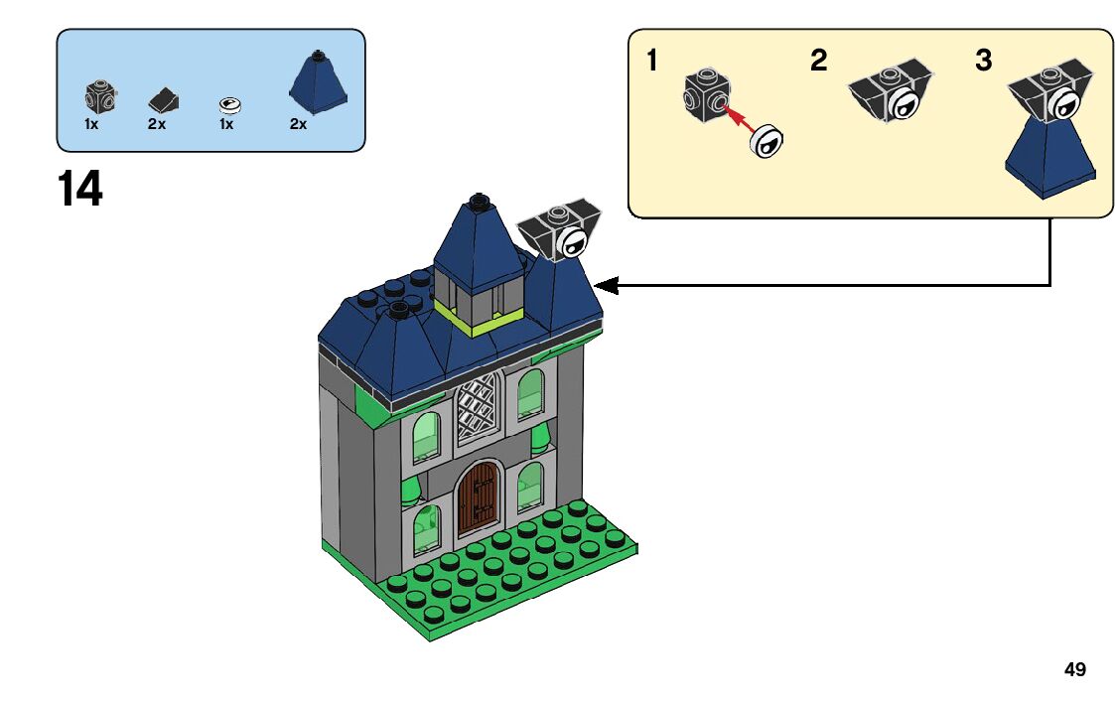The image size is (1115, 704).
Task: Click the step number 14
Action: [x=80, y=189]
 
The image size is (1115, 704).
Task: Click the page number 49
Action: [x=1074, y=670]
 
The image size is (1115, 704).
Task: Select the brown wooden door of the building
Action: [x=478, y=499]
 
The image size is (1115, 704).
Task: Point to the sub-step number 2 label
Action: [x=818, y=62]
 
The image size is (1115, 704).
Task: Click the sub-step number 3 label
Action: [x=983, y=62]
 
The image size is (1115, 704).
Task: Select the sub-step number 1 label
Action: [x=651, y=62]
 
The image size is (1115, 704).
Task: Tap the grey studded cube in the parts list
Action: [x=99, y=96]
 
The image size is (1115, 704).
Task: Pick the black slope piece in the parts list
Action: [x=163, y=99]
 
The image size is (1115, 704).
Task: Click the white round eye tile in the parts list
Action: [x=229, y=102]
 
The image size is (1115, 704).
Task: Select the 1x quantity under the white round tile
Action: [x=226, y=124]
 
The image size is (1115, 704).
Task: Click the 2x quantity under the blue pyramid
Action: [x=298, y=124]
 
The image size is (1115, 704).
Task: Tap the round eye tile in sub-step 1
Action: [x=767, y=143]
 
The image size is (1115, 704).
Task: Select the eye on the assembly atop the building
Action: [x=572, y=241]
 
